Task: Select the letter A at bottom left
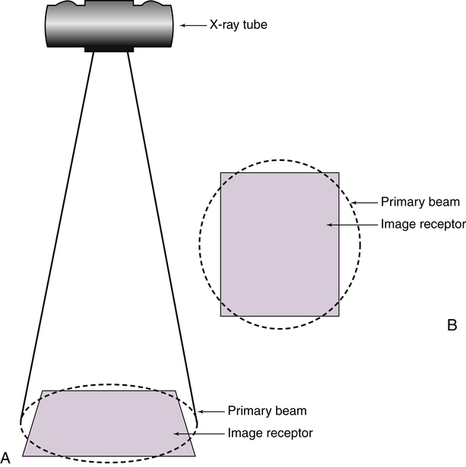tap(5, 456)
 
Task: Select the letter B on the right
tap(452, 325)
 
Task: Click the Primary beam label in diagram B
tap(420, 203)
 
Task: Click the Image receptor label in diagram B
tap(423, 224)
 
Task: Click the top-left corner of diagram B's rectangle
tap(220, 172)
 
